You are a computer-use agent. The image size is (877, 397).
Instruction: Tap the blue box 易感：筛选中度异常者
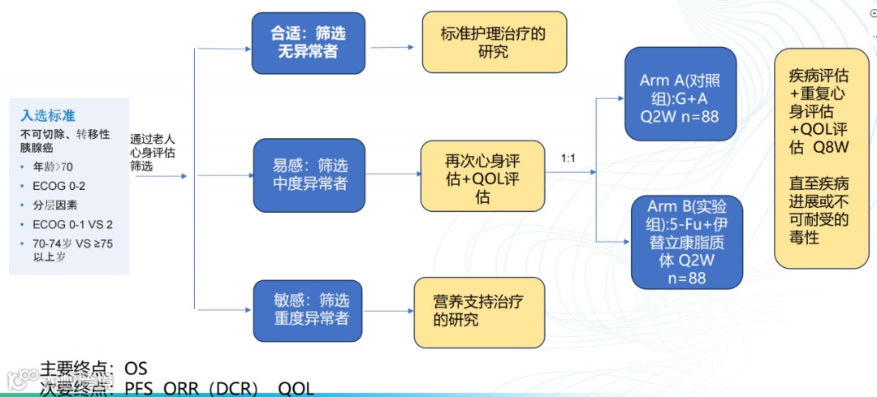click(x=309, y=175)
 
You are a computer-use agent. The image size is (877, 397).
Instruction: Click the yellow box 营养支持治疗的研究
click(x=477, y=313)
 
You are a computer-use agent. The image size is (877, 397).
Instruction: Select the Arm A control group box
click(x=680, y=94)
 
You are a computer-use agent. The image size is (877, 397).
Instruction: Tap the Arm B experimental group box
click(x=687, y=241)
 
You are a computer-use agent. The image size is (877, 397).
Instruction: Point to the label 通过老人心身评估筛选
click(x=153, y=151)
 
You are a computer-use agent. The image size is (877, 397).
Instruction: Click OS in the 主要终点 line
click(x=136, y=369)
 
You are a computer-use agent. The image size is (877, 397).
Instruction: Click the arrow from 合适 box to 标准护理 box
click(x=393, y=47)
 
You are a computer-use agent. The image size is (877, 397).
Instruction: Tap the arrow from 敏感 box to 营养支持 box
click(x=388, y=308)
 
